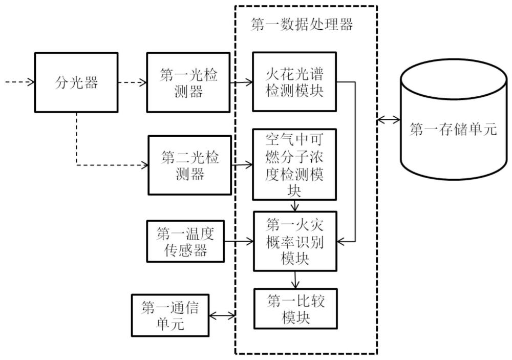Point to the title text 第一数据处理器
pyautogui.click(x=302, y=25)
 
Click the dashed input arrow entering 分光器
pyautogui.click(x=20, y=81)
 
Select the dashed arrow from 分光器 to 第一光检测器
pyautogui.click(x=132, y=82)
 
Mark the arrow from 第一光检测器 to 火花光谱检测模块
pyautogui.click(x=241, y=82)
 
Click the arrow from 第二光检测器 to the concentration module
pyautogui.click(x=242, y=165)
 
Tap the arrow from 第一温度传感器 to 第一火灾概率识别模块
pyautogui.click(x=239, y=242)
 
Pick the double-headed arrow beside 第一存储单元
pyautogui.click(x=389, y=120)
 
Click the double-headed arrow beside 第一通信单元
pyautogui.click(x=222, y=315)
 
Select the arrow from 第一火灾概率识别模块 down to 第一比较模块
pyautogui.click(x=295, y=280)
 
